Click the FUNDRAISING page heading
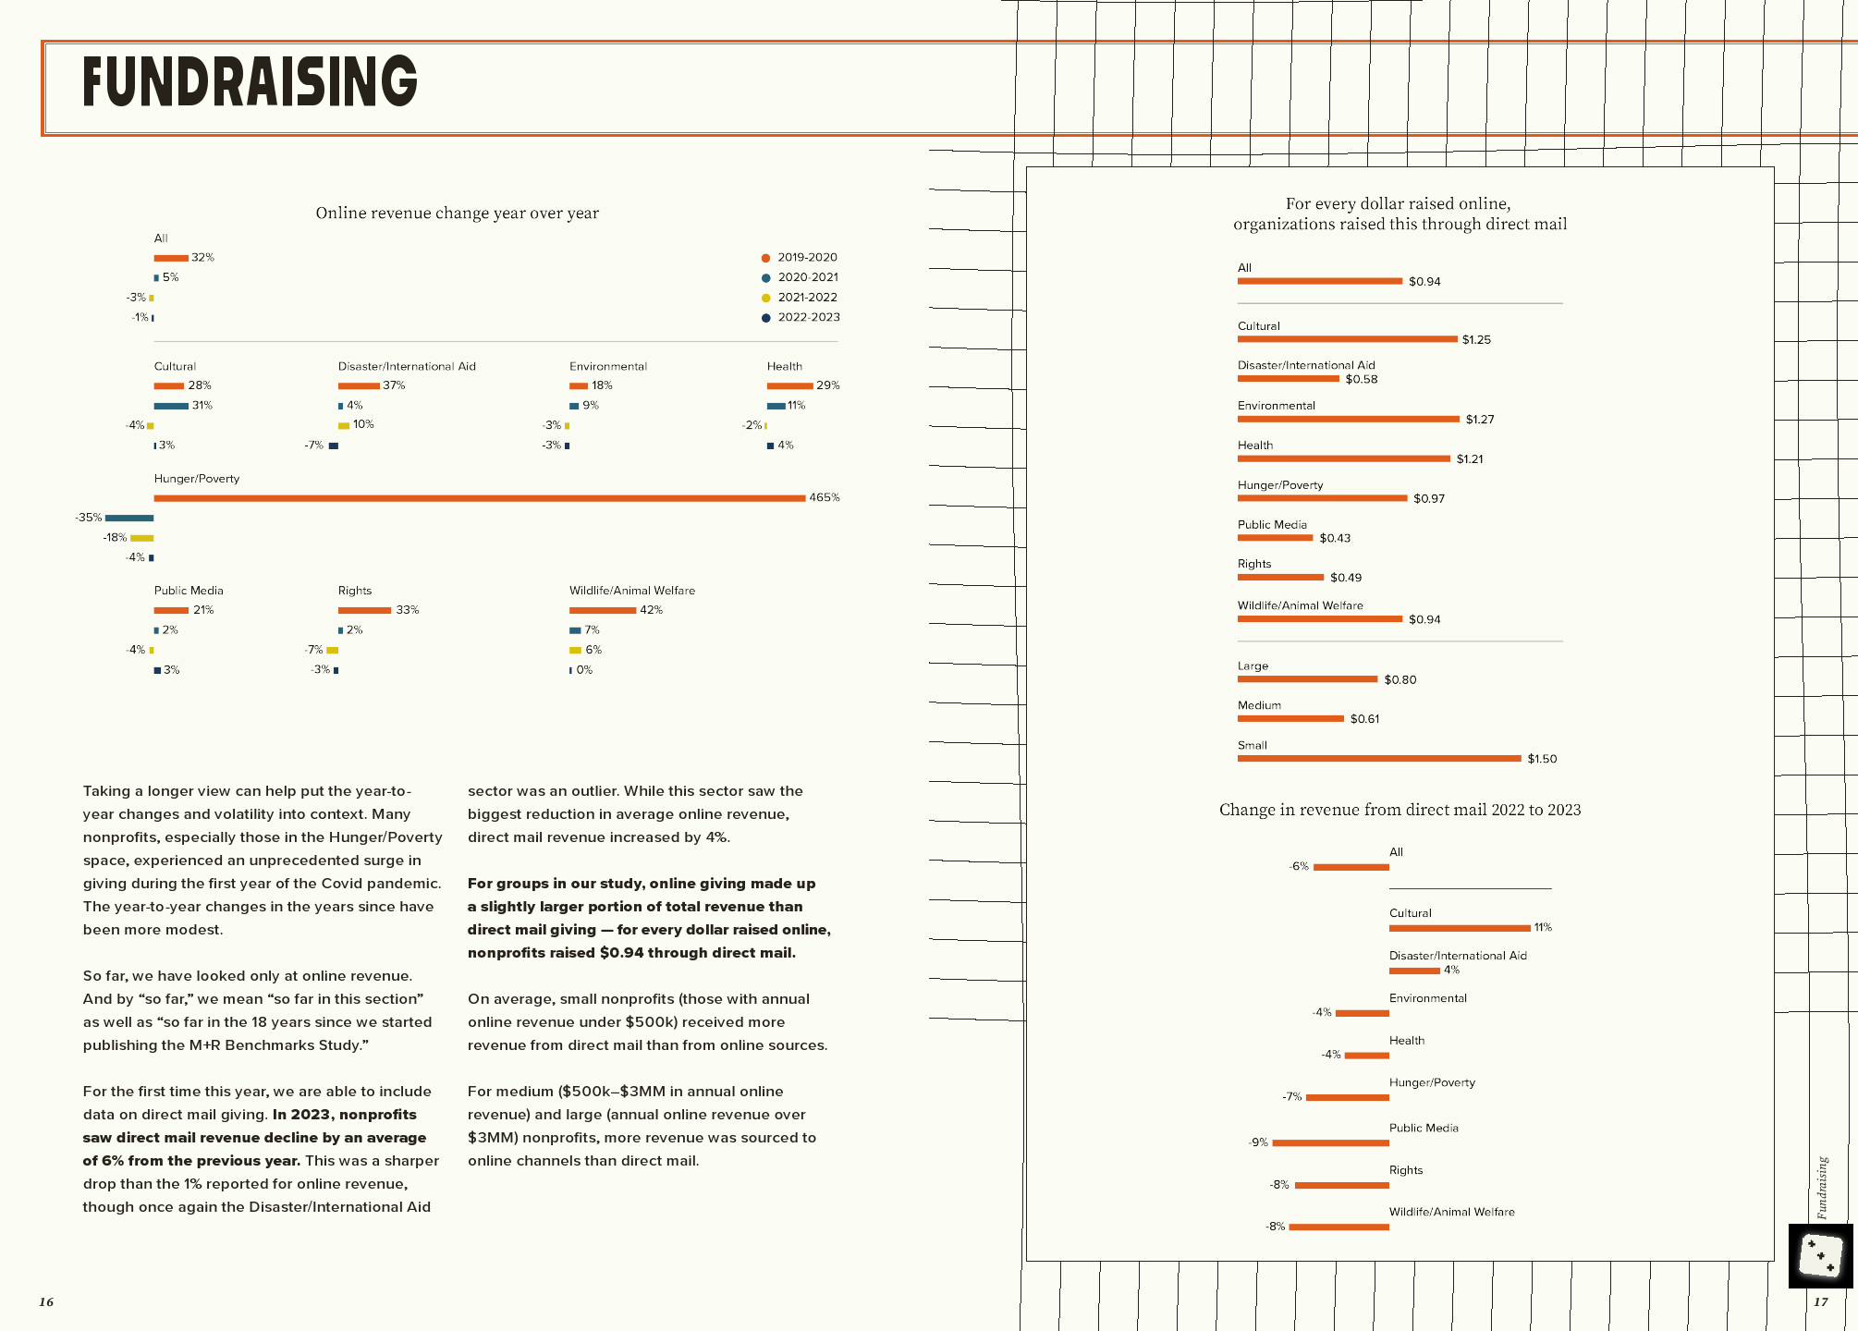coord(250,81)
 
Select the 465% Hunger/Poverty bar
coord(479,498)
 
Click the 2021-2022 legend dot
coord(765,298)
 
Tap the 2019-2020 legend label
coord(807,258)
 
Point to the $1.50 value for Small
coord(1542,759)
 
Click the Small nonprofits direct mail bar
coord(1378,759)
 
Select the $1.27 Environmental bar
coord(1348,420)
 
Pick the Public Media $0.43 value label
coord(1335,538)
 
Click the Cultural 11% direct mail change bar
coord(1460,928)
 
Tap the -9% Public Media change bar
coord(1330,1143)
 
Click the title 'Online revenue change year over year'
coord(457,214)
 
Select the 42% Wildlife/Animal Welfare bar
coord(602,611)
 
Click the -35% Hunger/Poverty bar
coord(129,519)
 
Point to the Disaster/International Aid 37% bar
coord(359,386)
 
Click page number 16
coord(46,1302)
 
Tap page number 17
coord(1820,1302)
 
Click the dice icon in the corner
coord(1820,1256)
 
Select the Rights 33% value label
coord(407,610)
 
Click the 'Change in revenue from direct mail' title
coord(1400,811)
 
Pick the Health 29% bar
coord(789,386)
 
